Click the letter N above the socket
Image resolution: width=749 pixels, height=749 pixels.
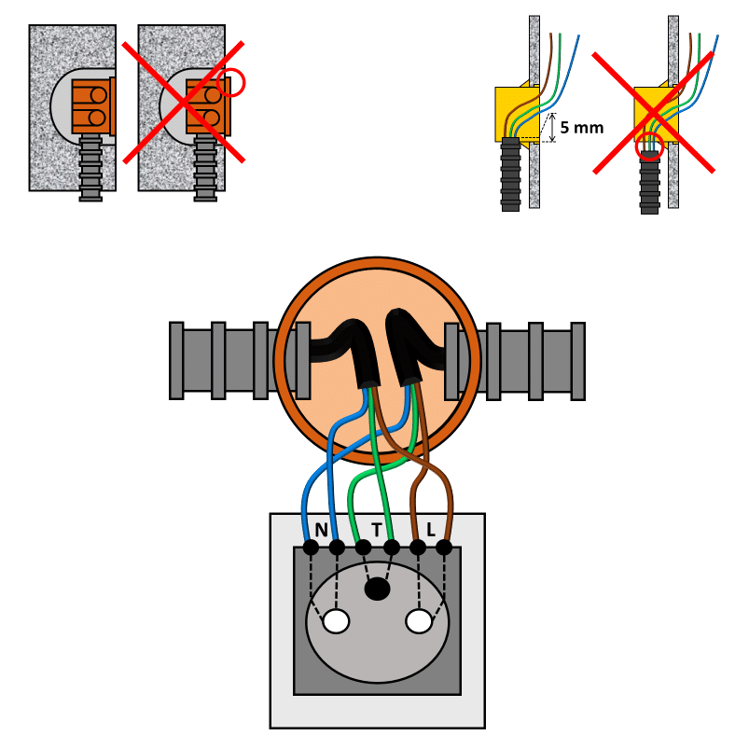[x=321, y=530]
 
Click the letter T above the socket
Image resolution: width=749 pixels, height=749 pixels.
[x=377, y=530]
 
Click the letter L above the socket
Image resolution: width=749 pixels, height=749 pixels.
[x=431, y=529]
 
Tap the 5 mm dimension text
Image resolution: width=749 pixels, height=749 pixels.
[x=582, y=128]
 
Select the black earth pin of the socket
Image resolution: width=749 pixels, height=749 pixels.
[x=378, y=589]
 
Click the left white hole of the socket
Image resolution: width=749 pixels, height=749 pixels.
[x=337, y=621]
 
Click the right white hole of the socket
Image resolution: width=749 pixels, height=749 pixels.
[x=419, y=621]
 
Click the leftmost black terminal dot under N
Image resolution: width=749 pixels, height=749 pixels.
[x=311, y=548]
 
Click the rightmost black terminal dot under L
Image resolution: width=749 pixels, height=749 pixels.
[x=444, y=548]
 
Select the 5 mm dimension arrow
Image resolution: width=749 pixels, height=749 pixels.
[x=553, y=128]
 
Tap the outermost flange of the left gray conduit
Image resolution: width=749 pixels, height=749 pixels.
[x=176, y=361]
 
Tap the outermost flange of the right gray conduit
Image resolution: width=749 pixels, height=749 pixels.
[x=578, y=361]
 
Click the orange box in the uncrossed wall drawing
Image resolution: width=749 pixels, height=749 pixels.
[x=93, y=106]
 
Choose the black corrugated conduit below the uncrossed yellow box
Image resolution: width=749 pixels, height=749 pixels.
[x=510, y=174]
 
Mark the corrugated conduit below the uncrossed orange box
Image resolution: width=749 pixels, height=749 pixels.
[x=90, y=167]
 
